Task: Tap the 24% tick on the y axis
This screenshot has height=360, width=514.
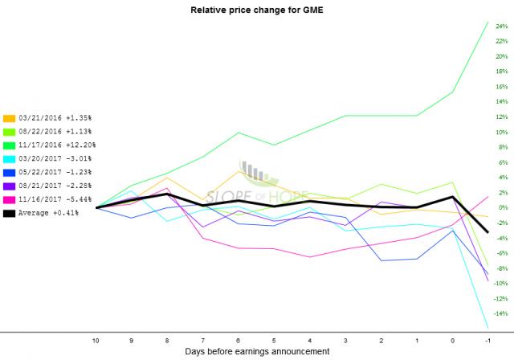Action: click(x=501, y=27)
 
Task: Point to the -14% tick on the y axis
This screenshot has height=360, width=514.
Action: click(x=500, y=313)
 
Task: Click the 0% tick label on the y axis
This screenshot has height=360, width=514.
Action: click(x=501, y=207)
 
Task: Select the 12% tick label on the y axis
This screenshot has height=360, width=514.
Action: click(x=501, y=117)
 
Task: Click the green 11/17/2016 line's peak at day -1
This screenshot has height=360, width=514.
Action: click(x=488, y=22)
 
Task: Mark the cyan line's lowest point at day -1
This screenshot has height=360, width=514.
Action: click(x=488, y=327)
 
